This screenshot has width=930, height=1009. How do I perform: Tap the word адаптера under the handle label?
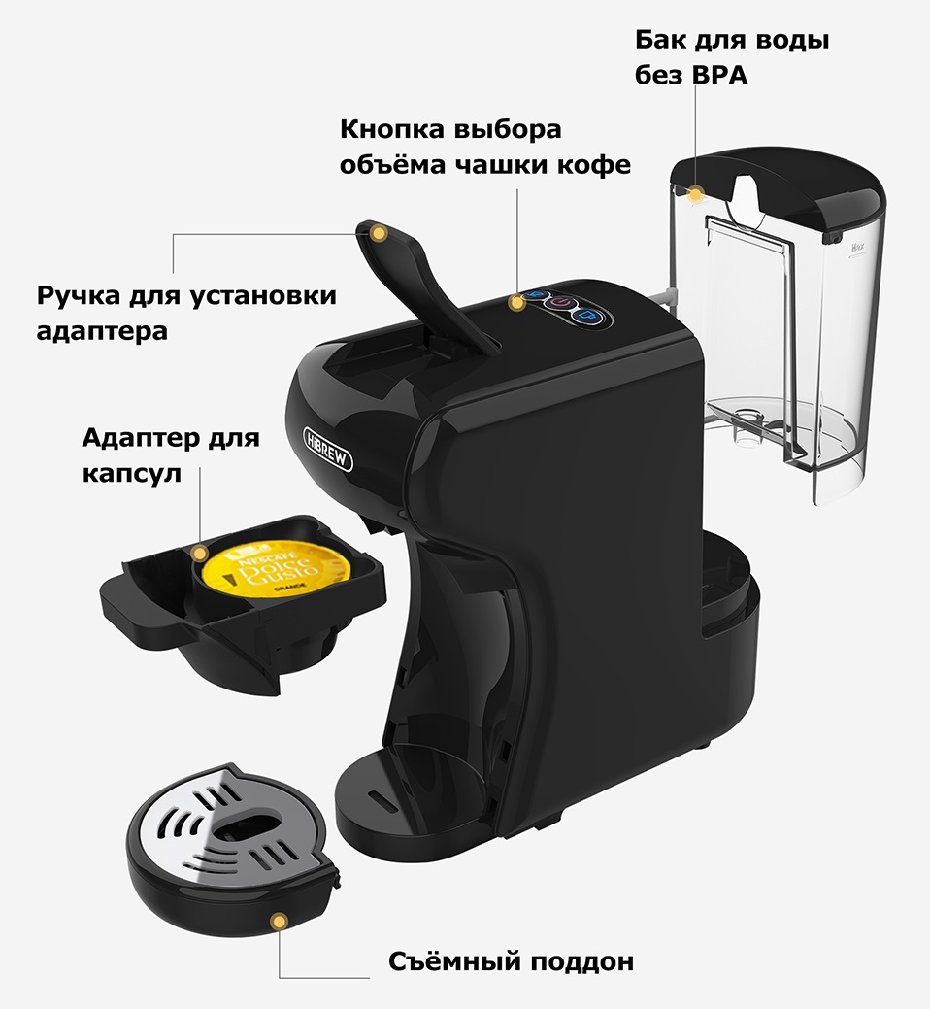click(x=102, y=331)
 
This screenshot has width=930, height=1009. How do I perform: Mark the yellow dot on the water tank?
click(x=694, y=194)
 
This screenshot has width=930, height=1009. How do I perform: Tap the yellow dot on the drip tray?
click(x=280, y=919)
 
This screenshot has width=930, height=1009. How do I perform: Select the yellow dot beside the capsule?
click(x=200, y=554)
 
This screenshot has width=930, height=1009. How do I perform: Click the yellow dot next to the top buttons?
click(x=518, y=303)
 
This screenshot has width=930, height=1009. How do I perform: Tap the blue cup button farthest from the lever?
click(x=587, y=316)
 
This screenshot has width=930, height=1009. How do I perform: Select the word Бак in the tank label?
click(x=658, y=41)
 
